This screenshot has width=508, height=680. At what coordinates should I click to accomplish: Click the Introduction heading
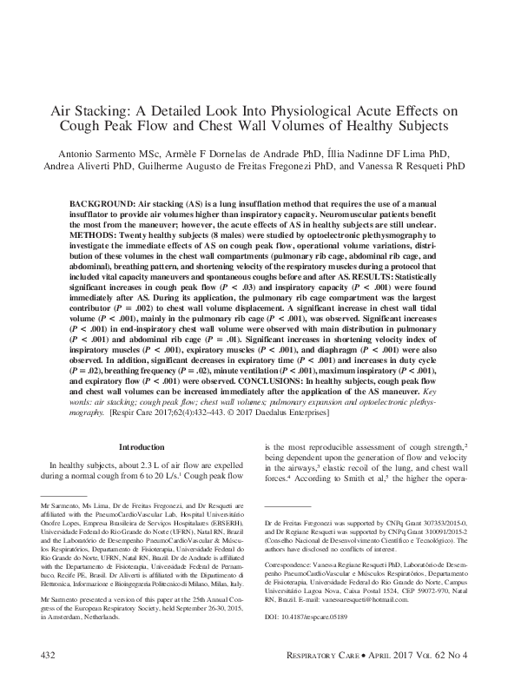click(x=140, y=446)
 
